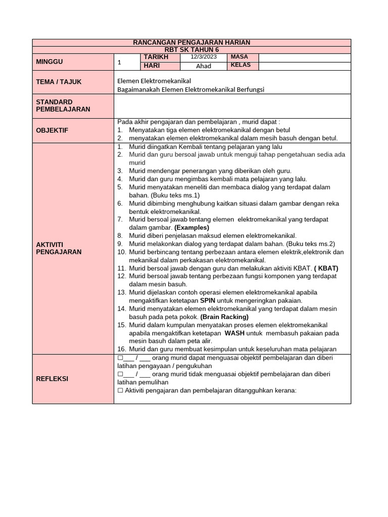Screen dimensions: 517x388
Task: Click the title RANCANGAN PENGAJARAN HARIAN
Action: (191, 42)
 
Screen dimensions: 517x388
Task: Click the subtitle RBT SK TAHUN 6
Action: (191, 49)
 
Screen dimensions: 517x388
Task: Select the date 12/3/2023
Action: (203, 57)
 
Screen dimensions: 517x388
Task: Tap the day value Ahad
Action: (203, 66)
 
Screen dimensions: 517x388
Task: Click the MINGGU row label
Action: (49, 62)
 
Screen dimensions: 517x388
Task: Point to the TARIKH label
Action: (156, 57)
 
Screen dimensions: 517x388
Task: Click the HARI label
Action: (152, 66)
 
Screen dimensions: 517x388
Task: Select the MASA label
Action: (239, 57)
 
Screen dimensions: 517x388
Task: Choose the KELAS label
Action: (240, 66)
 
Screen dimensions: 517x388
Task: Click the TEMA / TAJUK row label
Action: (59, 82)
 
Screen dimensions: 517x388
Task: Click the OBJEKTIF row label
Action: (52, 130)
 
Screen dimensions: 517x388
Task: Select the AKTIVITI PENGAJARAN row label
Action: (58, 248)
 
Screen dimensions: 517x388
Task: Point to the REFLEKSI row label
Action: (52, 379)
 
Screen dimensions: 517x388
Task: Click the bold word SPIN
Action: (208, 300)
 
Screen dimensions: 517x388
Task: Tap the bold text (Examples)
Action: (191, 228)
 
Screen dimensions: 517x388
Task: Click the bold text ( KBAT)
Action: (326, 268)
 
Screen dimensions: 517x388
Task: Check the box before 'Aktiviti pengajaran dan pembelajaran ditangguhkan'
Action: (120, 391)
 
